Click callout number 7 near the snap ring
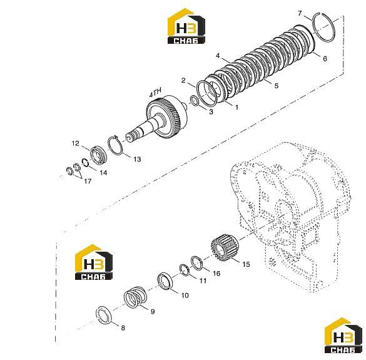tap(300, 13)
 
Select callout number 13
tap(137, 159)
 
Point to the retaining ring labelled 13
tap(109, 147)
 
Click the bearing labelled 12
tap(99, 155)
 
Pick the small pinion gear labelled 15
tap(224, 247)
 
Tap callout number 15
tap(246, 264)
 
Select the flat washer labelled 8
tap(104, 315)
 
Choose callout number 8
tap(123, 328)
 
